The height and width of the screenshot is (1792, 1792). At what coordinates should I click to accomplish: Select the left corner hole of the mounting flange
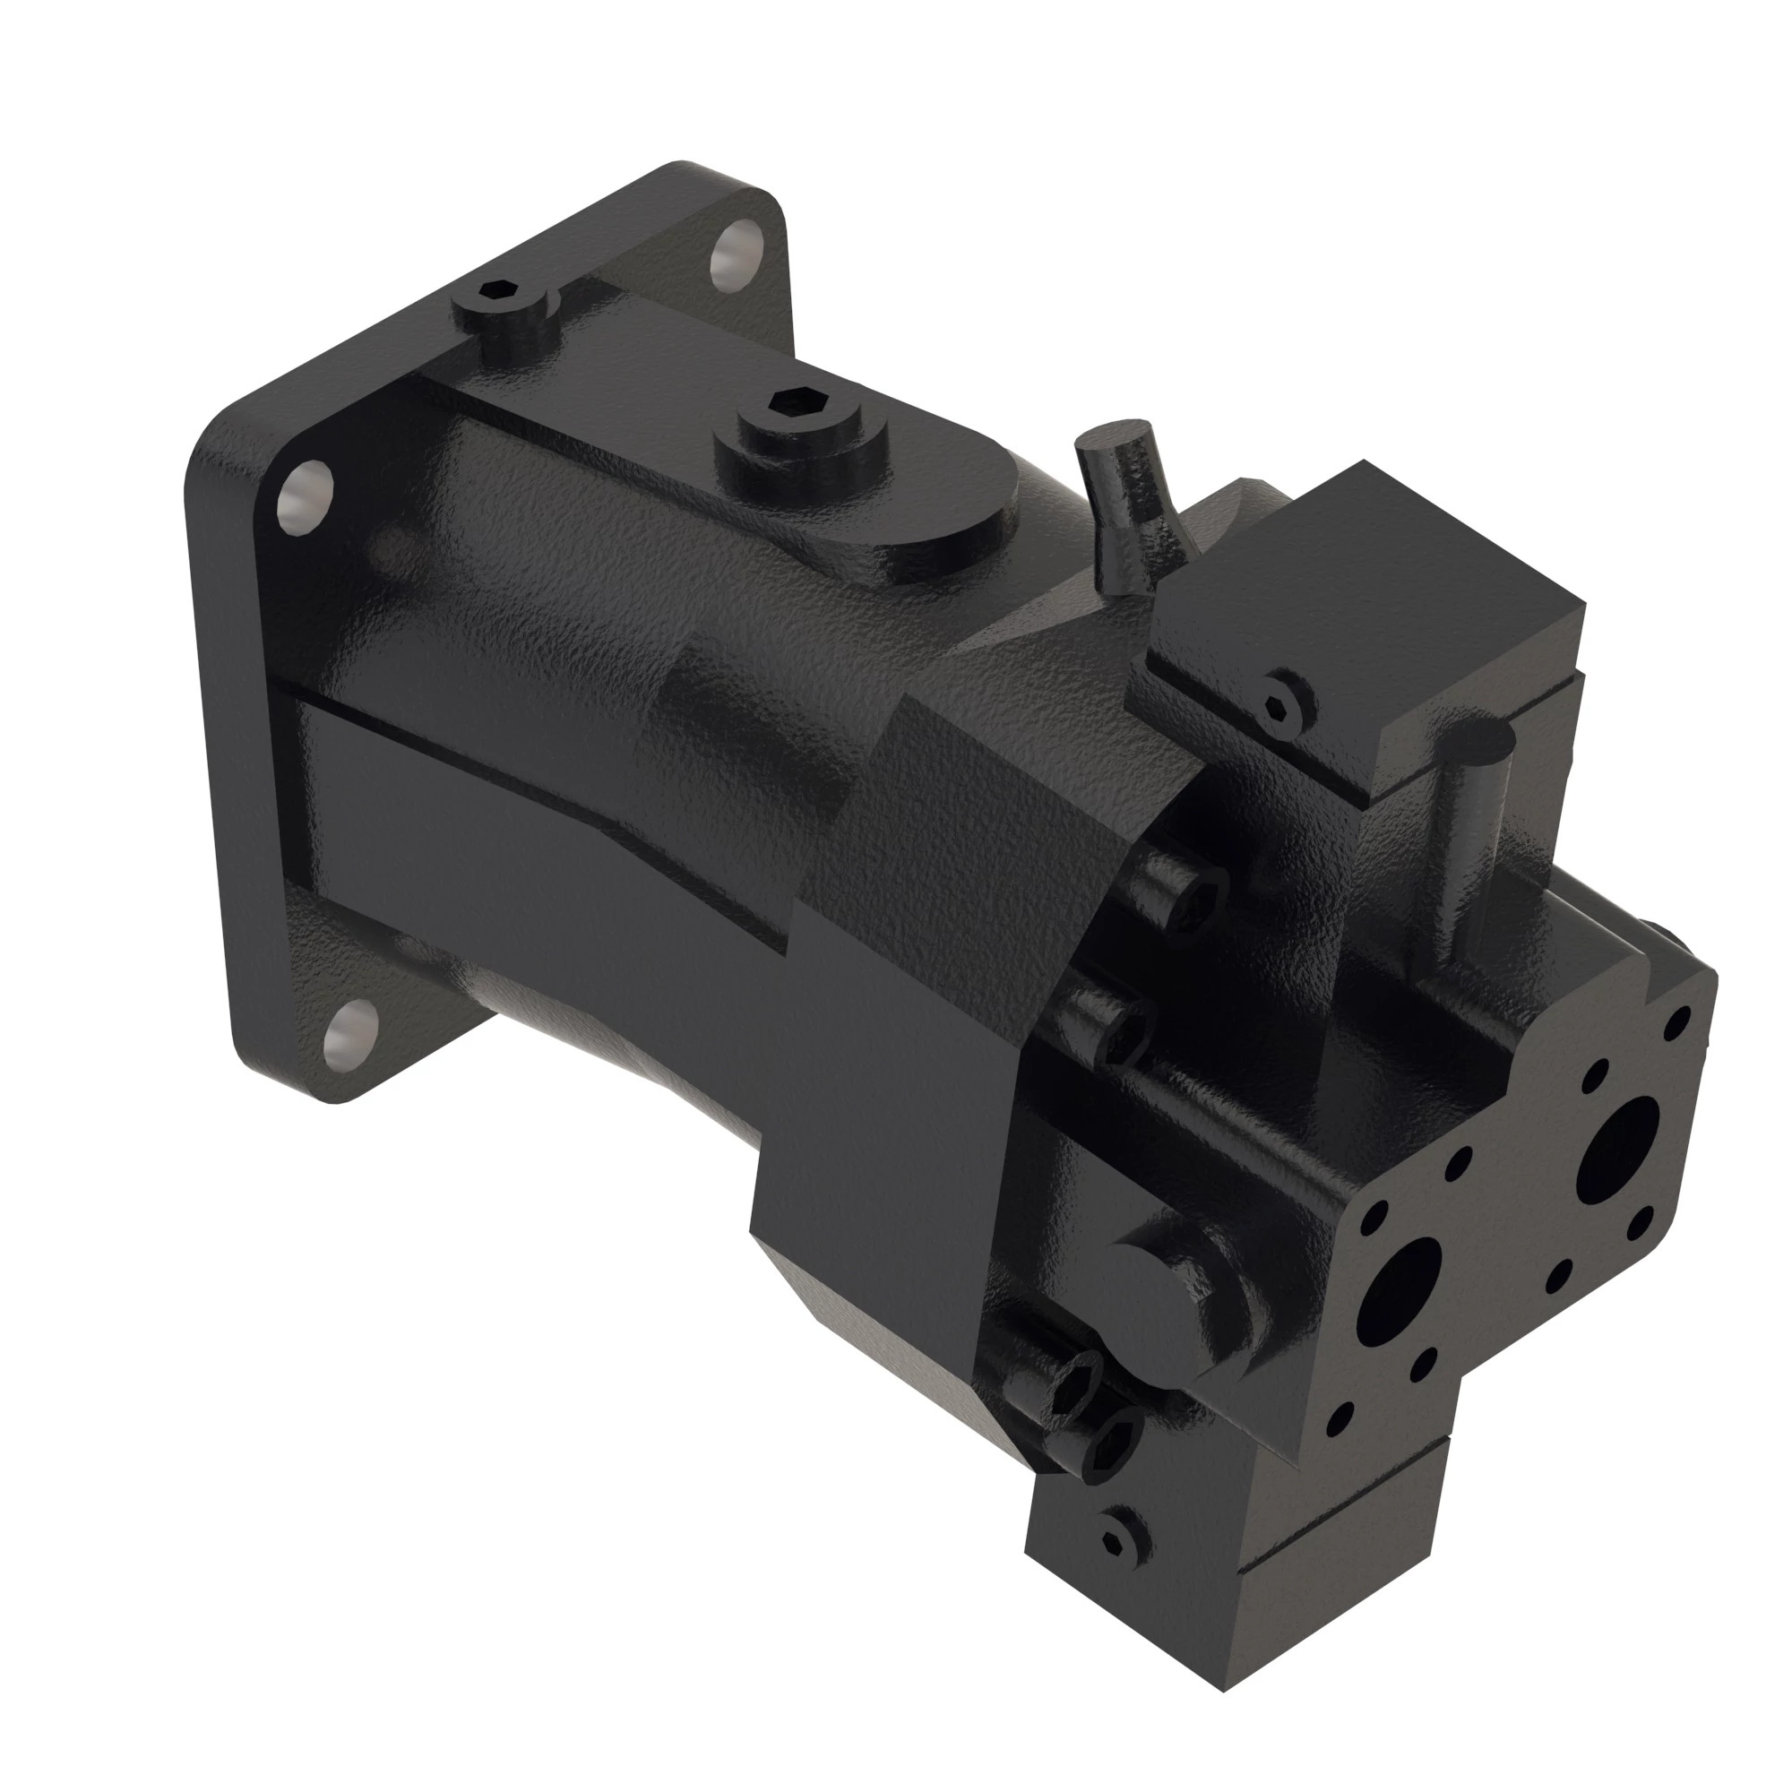click(x=306, y=498)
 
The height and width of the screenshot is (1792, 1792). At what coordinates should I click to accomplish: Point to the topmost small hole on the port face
click(x=1676, y=1025)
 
